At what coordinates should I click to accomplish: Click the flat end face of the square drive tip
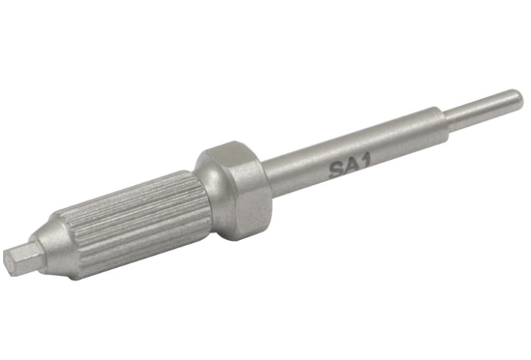(10, 262)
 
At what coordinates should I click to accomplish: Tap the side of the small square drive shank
(27, 256)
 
